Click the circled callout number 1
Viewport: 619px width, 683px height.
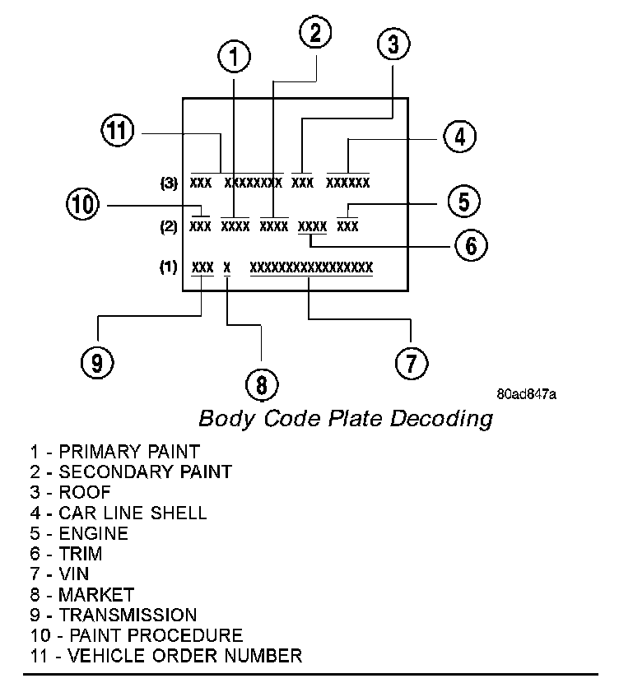click(235, 56)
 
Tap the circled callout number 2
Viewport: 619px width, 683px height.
click(315, 33)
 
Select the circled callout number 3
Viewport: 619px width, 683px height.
click(393, 44)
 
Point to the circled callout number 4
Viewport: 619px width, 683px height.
click(459, 136)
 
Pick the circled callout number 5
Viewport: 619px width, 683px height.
click(464, 201)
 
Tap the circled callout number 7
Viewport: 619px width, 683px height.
click(412, 362)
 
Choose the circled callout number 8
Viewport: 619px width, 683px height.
click(262, 383)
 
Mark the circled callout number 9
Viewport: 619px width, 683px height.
click(97, 362)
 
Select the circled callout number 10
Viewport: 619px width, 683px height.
click(82, 203)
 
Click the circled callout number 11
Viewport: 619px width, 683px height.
click(118, 132)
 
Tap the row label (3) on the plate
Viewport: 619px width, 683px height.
click(170, 183)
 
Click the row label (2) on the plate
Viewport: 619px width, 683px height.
click(169, 226)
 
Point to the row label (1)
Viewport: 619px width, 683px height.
click(169, 267)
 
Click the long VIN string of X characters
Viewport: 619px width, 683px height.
click(311, 267)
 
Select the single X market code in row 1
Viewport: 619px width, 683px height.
click(227, 267)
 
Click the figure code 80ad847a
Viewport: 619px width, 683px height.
click(527, 394)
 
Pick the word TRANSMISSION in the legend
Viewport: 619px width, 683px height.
click(128, 615)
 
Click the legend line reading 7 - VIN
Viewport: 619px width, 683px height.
click(59, 574)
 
